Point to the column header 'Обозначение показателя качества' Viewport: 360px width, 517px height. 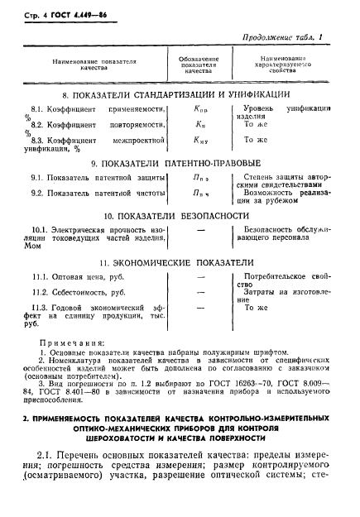pos(199,65)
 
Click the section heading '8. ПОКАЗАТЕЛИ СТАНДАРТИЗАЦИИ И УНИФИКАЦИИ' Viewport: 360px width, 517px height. pos(180,96)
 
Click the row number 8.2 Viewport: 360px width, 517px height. pos(38,124)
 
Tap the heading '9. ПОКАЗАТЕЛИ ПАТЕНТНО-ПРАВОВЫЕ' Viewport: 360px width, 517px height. pos(180,164)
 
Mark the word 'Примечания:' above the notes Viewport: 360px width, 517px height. pos(75,340)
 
